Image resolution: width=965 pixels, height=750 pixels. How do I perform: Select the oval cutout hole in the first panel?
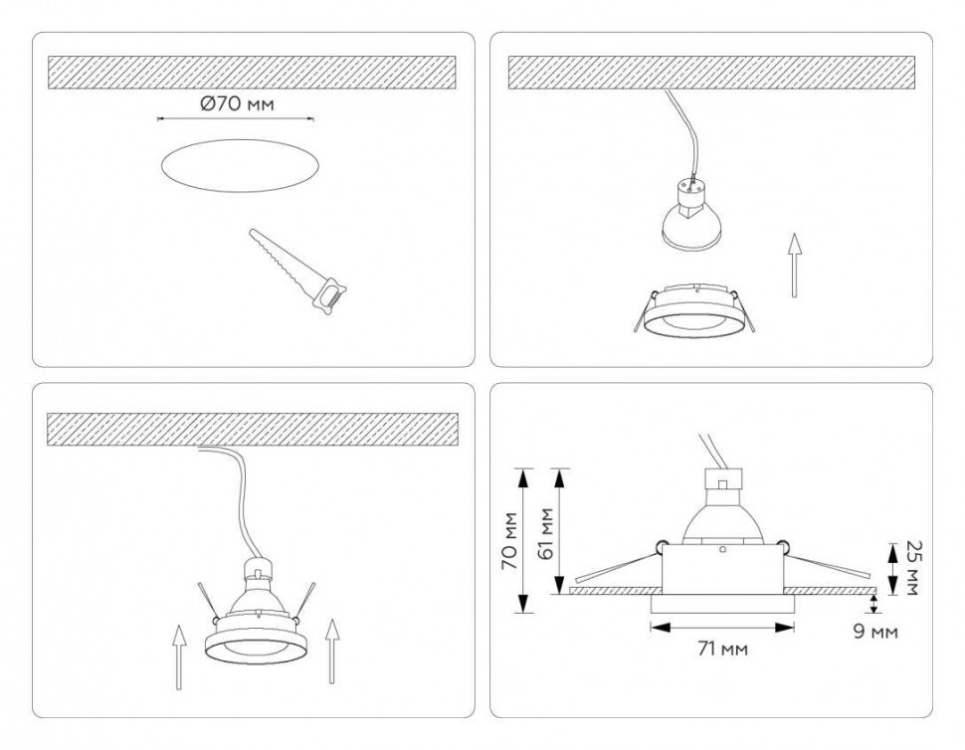click(x=239, y=165)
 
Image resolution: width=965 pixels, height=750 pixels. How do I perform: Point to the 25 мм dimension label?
click(x=907, y=568)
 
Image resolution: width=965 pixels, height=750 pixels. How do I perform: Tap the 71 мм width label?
click(x=721, y=650)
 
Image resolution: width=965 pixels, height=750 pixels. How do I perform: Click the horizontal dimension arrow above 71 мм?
click(x=721, y=627)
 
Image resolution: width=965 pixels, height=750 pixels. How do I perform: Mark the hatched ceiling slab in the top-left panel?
click(x=252, y=72)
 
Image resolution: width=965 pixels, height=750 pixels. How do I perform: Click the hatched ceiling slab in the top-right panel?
click(x=711, y=72)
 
